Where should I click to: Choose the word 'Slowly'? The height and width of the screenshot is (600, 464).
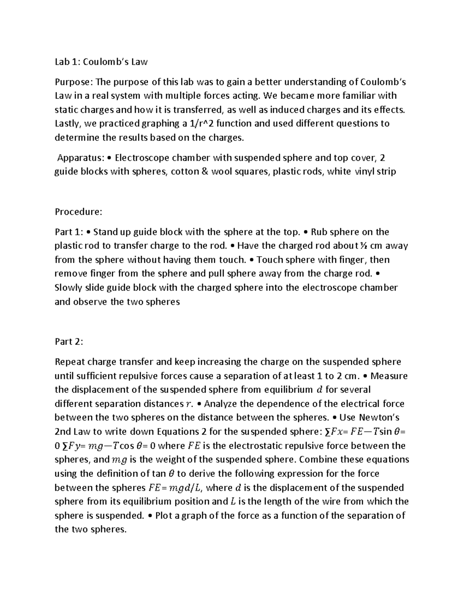point(68,288)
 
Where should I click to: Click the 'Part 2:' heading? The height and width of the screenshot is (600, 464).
point(69,342)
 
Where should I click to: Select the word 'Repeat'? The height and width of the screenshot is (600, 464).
point(70,362)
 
